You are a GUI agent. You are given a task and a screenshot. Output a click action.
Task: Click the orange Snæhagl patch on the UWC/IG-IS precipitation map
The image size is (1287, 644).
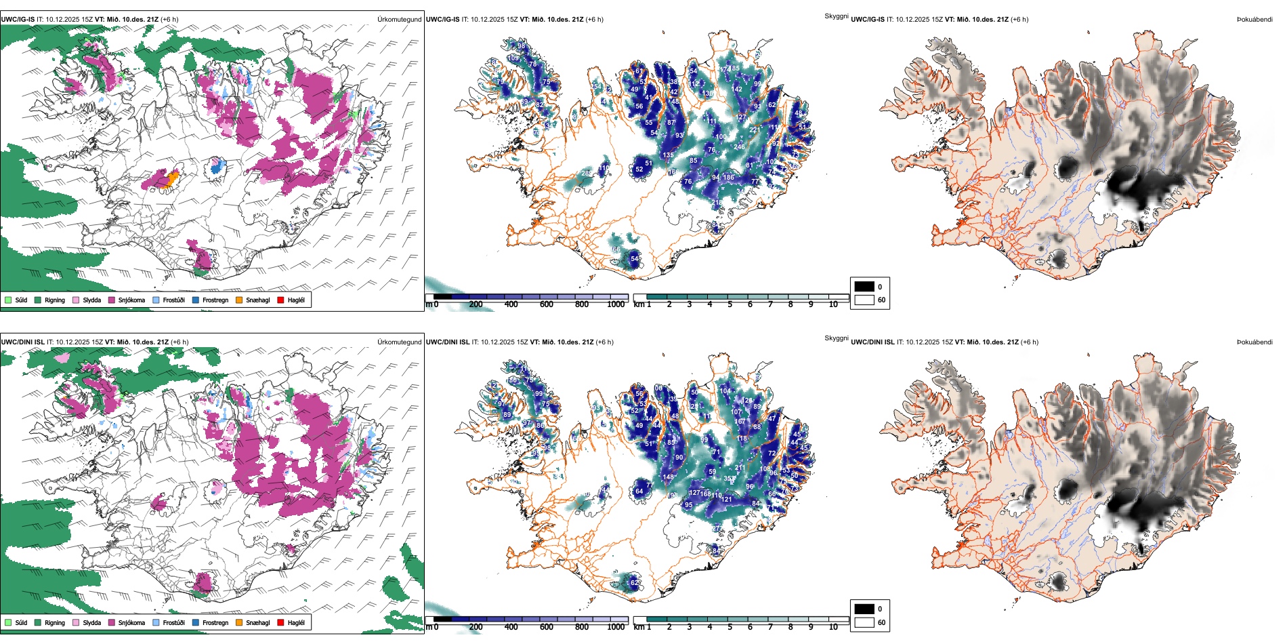tap(173, 178)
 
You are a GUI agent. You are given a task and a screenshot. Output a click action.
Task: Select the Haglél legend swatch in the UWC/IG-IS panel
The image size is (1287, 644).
tap(280, 300)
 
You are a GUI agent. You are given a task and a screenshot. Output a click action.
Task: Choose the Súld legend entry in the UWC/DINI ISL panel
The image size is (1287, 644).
tap(8, 622)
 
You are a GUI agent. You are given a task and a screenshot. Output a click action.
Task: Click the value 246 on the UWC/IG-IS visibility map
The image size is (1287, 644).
tap(739, 146)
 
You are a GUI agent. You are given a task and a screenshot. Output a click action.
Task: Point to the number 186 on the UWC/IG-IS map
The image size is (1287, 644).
tap(728, 178)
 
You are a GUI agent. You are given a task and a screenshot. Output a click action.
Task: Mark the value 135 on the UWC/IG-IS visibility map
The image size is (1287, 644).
tap(668, 155)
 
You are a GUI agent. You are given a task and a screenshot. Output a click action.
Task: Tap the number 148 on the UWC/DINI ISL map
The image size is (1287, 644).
tap(669, 477)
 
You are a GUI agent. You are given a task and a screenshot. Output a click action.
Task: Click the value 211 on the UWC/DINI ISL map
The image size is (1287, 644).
tap(740, 468)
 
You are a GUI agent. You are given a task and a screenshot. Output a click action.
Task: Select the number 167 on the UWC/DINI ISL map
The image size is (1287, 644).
tap(740, 422)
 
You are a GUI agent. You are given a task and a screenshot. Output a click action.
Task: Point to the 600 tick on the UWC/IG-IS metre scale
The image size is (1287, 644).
tap(547, 304)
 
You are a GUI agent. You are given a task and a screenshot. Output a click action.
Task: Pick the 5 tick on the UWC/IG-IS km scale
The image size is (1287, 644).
tap(730, 304)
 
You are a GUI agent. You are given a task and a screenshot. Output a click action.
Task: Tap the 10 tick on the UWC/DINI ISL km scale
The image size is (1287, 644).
tap(833, 627)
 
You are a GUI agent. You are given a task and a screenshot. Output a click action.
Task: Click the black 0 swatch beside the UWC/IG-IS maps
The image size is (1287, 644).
tap(864, 287)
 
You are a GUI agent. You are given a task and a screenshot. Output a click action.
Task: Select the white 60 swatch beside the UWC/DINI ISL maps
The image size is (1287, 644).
tap(864, 622)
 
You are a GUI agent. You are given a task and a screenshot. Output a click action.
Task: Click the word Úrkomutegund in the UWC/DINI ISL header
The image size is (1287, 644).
tap(399, 342)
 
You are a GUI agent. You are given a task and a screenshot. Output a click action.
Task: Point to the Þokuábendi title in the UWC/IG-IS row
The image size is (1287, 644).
tap(1254, 20)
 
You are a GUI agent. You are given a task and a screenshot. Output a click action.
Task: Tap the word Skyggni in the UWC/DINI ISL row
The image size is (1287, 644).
tap(836, 338)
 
